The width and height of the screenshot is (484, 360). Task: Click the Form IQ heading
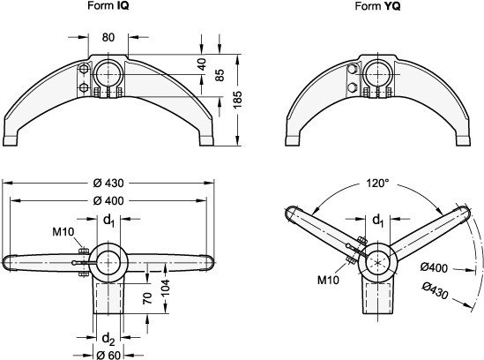pos(108,5)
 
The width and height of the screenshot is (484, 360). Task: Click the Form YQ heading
pos(377,6)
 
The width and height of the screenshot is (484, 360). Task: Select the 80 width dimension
pos(108,37)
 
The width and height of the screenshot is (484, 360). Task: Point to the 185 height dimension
pos(237,100)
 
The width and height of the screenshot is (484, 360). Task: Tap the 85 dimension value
pos(220,75)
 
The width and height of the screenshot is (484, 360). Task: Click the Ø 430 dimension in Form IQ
pos(108,183)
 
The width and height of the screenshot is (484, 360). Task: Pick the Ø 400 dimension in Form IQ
pos(108,201)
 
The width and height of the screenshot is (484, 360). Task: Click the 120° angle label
pos(377,184)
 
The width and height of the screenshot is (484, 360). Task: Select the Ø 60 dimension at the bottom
pos(108,355)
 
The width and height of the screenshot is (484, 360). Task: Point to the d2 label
pos(108,338)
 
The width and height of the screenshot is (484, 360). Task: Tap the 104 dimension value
pos(166,288)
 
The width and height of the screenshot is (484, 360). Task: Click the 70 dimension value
pos(147,298)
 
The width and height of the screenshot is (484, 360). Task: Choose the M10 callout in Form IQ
pos(63,231)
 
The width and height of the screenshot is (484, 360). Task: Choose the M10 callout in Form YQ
pos(329,280)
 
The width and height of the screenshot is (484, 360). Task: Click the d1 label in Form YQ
pos(378,221)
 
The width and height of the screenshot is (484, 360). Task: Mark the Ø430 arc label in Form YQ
pos(435,291)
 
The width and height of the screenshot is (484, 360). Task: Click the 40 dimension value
pos(202,64)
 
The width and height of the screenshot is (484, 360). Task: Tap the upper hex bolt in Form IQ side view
pos(83,69)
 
